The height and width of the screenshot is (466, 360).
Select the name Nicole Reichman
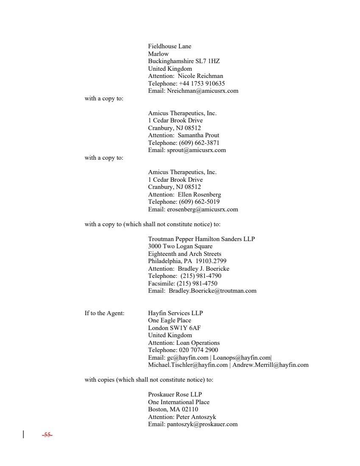[200, 76]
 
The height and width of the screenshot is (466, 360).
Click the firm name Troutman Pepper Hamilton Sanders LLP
[201, 239]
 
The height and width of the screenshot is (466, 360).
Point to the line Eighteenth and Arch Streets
[184, 254]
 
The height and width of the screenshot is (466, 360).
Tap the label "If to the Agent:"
[104, 313]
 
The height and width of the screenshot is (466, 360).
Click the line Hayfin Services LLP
[175, 313]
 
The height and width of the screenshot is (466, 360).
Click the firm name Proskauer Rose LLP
[175, 394]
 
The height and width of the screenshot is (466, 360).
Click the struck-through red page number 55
[47, 435]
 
